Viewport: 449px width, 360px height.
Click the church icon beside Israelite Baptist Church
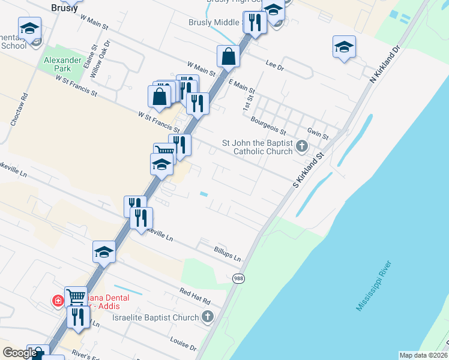pyautogui.click(x=208, y=317)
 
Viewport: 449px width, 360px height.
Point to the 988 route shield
pyautogui.click(x=238, y=278)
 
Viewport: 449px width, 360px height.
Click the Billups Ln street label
pyautogui.click(x=228, y=254)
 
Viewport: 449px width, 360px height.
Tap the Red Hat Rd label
pyautogui.click(x=195, y=296)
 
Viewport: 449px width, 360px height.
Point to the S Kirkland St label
pyautogui.click(x=309, y=171)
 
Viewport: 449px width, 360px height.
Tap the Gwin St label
pyautogui.click(x=318, y=133)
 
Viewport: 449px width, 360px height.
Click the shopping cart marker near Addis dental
pyautogui.click(x=76, y=296)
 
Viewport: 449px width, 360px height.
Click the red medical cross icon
pyautogui.click(x=59, y=300)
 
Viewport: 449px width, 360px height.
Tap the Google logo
pyautogui.click(x=20, y=353)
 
